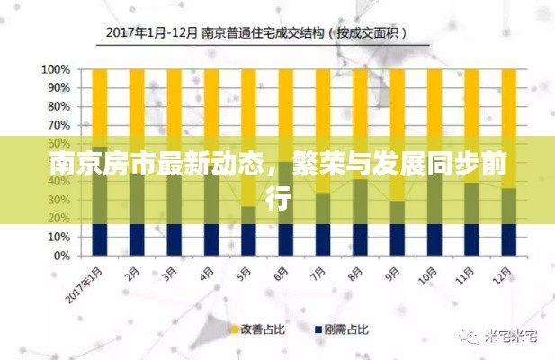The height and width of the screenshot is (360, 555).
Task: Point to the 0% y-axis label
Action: point(61,256)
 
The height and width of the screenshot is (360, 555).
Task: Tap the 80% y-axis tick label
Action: point(58,106)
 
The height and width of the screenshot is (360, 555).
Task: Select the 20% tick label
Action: point(58,219)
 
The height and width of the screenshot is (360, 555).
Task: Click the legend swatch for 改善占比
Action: point(234,329)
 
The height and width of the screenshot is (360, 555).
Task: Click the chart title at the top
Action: point(255,33)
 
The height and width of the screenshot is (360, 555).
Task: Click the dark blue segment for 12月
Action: point(508,239)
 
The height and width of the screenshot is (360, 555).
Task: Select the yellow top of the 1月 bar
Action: point(99,103)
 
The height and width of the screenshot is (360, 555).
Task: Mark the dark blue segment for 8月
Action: point(360,239)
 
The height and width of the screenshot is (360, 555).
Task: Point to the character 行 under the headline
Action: point(278,198)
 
